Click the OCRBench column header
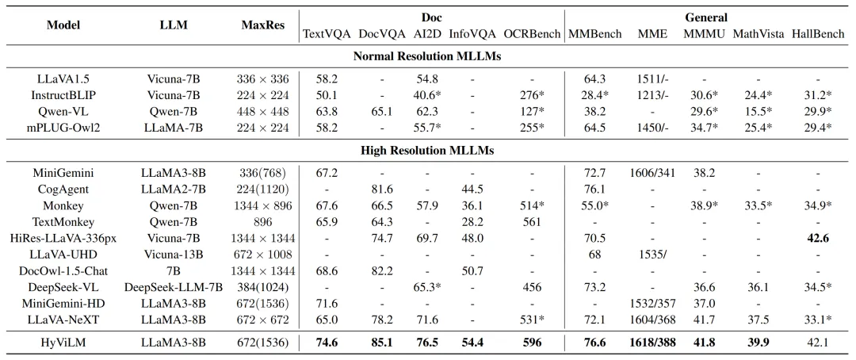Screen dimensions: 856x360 pos(532,34)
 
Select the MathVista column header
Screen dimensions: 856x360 pos(759,34)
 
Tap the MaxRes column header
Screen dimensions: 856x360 pos(263,25)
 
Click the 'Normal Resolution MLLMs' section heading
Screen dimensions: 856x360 pos(427,56)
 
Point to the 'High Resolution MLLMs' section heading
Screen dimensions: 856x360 pos(427,151)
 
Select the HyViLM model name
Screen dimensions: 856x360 pos(63,343)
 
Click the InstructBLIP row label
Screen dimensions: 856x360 pos(63,94)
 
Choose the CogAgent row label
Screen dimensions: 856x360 pos(63,189)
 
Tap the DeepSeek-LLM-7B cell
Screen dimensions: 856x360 pos(174,287)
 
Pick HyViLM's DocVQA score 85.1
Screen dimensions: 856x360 pos(381,343)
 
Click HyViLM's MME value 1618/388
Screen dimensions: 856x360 pos(652,343)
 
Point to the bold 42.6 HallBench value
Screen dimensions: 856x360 pos(818,238)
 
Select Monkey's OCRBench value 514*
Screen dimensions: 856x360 pos(533,205)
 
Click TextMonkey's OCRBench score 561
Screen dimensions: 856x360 pos(533,221)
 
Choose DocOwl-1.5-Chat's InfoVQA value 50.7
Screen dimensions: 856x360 pos(472,270)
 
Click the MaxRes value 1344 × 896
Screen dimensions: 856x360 pos(263,205)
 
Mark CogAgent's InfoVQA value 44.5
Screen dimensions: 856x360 pos(472,189)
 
